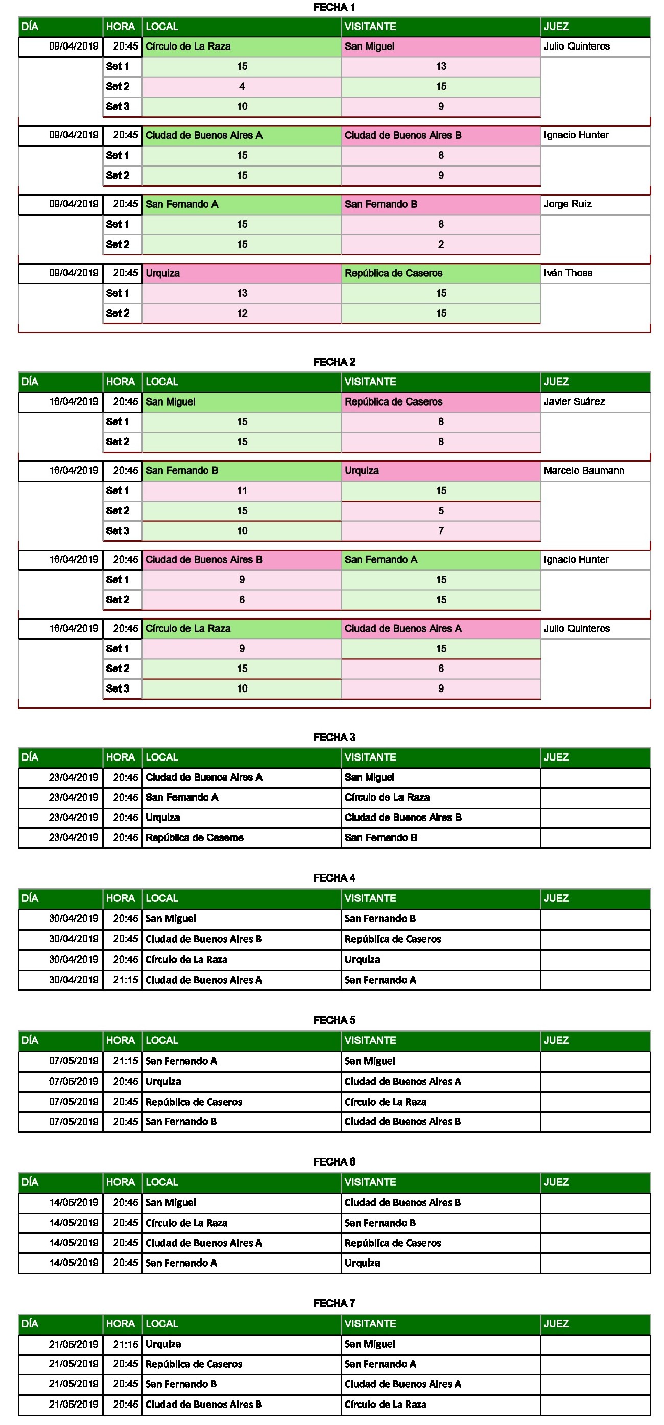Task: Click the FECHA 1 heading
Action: click(x=334, y=7)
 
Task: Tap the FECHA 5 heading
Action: click(x=334, y=1020)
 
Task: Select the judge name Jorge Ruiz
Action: click(x=567, y=204)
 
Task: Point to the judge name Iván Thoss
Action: click(x=568, y=273)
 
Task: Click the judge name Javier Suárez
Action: click(x=574, y=401)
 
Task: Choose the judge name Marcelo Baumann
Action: click(x=584, y=471)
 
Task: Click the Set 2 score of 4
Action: click(x=242, y=86)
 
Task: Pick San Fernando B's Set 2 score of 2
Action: click(x=441, y=244)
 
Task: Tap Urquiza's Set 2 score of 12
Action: click(x=242, y=313)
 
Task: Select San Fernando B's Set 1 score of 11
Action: click(x=242, y=491)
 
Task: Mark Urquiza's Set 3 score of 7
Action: click(x=441, y=531)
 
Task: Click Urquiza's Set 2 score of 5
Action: click(x=441, y=511)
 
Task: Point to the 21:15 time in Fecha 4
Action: click(x=125, y=980)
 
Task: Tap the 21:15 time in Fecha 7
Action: click(x=125, y=1344)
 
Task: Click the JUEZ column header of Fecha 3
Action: click(x=556, y=757)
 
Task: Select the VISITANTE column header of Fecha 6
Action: click(x=370, y=1182)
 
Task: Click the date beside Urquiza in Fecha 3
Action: click(x=74, y=817)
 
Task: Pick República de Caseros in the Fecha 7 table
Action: click(x=194, y=1364)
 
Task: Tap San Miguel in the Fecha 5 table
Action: click(x=370, y=1061)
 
